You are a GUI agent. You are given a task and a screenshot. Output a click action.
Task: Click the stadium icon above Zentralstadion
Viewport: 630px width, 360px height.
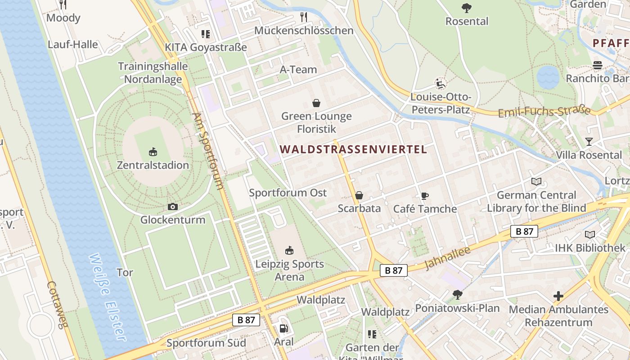[x=153, y=152]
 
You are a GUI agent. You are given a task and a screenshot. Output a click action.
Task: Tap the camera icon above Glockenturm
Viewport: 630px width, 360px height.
[x=172, y=207]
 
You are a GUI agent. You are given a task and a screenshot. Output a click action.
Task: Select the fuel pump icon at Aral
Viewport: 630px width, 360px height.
[x=283, y=329]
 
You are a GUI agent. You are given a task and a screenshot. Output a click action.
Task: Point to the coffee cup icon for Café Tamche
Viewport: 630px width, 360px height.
[x=424, y=196]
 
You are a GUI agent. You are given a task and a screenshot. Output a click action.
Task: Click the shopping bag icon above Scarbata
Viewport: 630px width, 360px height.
[x=359, y=195]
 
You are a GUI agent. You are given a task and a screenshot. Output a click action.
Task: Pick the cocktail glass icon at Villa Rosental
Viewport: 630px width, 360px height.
[x=589, y=142]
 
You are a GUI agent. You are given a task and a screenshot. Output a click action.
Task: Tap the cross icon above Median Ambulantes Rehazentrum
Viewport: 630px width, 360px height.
[x=558, y=296]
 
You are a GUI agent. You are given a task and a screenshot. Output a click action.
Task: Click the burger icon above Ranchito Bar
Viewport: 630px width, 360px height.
[x=597, y=65]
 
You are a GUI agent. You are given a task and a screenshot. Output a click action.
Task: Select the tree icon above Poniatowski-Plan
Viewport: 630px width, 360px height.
[x=457, y=295]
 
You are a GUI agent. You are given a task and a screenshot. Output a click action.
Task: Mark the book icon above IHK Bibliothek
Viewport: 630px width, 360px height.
[x=589, y=234]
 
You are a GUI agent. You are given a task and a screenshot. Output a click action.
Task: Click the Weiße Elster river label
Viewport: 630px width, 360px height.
[x=108, y=297]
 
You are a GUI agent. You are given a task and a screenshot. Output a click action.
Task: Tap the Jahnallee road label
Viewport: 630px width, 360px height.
[x=447, y=258]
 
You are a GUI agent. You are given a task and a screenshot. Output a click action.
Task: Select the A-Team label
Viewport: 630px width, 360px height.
[x=298, y=69]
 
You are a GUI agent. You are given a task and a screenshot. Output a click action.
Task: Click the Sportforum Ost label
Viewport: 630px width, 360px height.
[x=288, y=193]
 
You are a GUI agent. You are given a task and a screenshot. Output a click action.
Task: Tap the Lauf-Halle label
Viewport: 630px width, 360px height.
[x=73, y=44]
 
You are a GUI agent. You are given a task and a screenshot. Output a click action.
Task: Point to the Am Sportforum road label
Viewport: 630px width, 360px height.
[x=208, y=151]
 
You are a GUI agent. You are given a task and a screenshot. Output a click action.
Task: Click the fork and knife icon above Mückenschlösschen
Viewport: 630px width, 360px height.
[x=304, y=17]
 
